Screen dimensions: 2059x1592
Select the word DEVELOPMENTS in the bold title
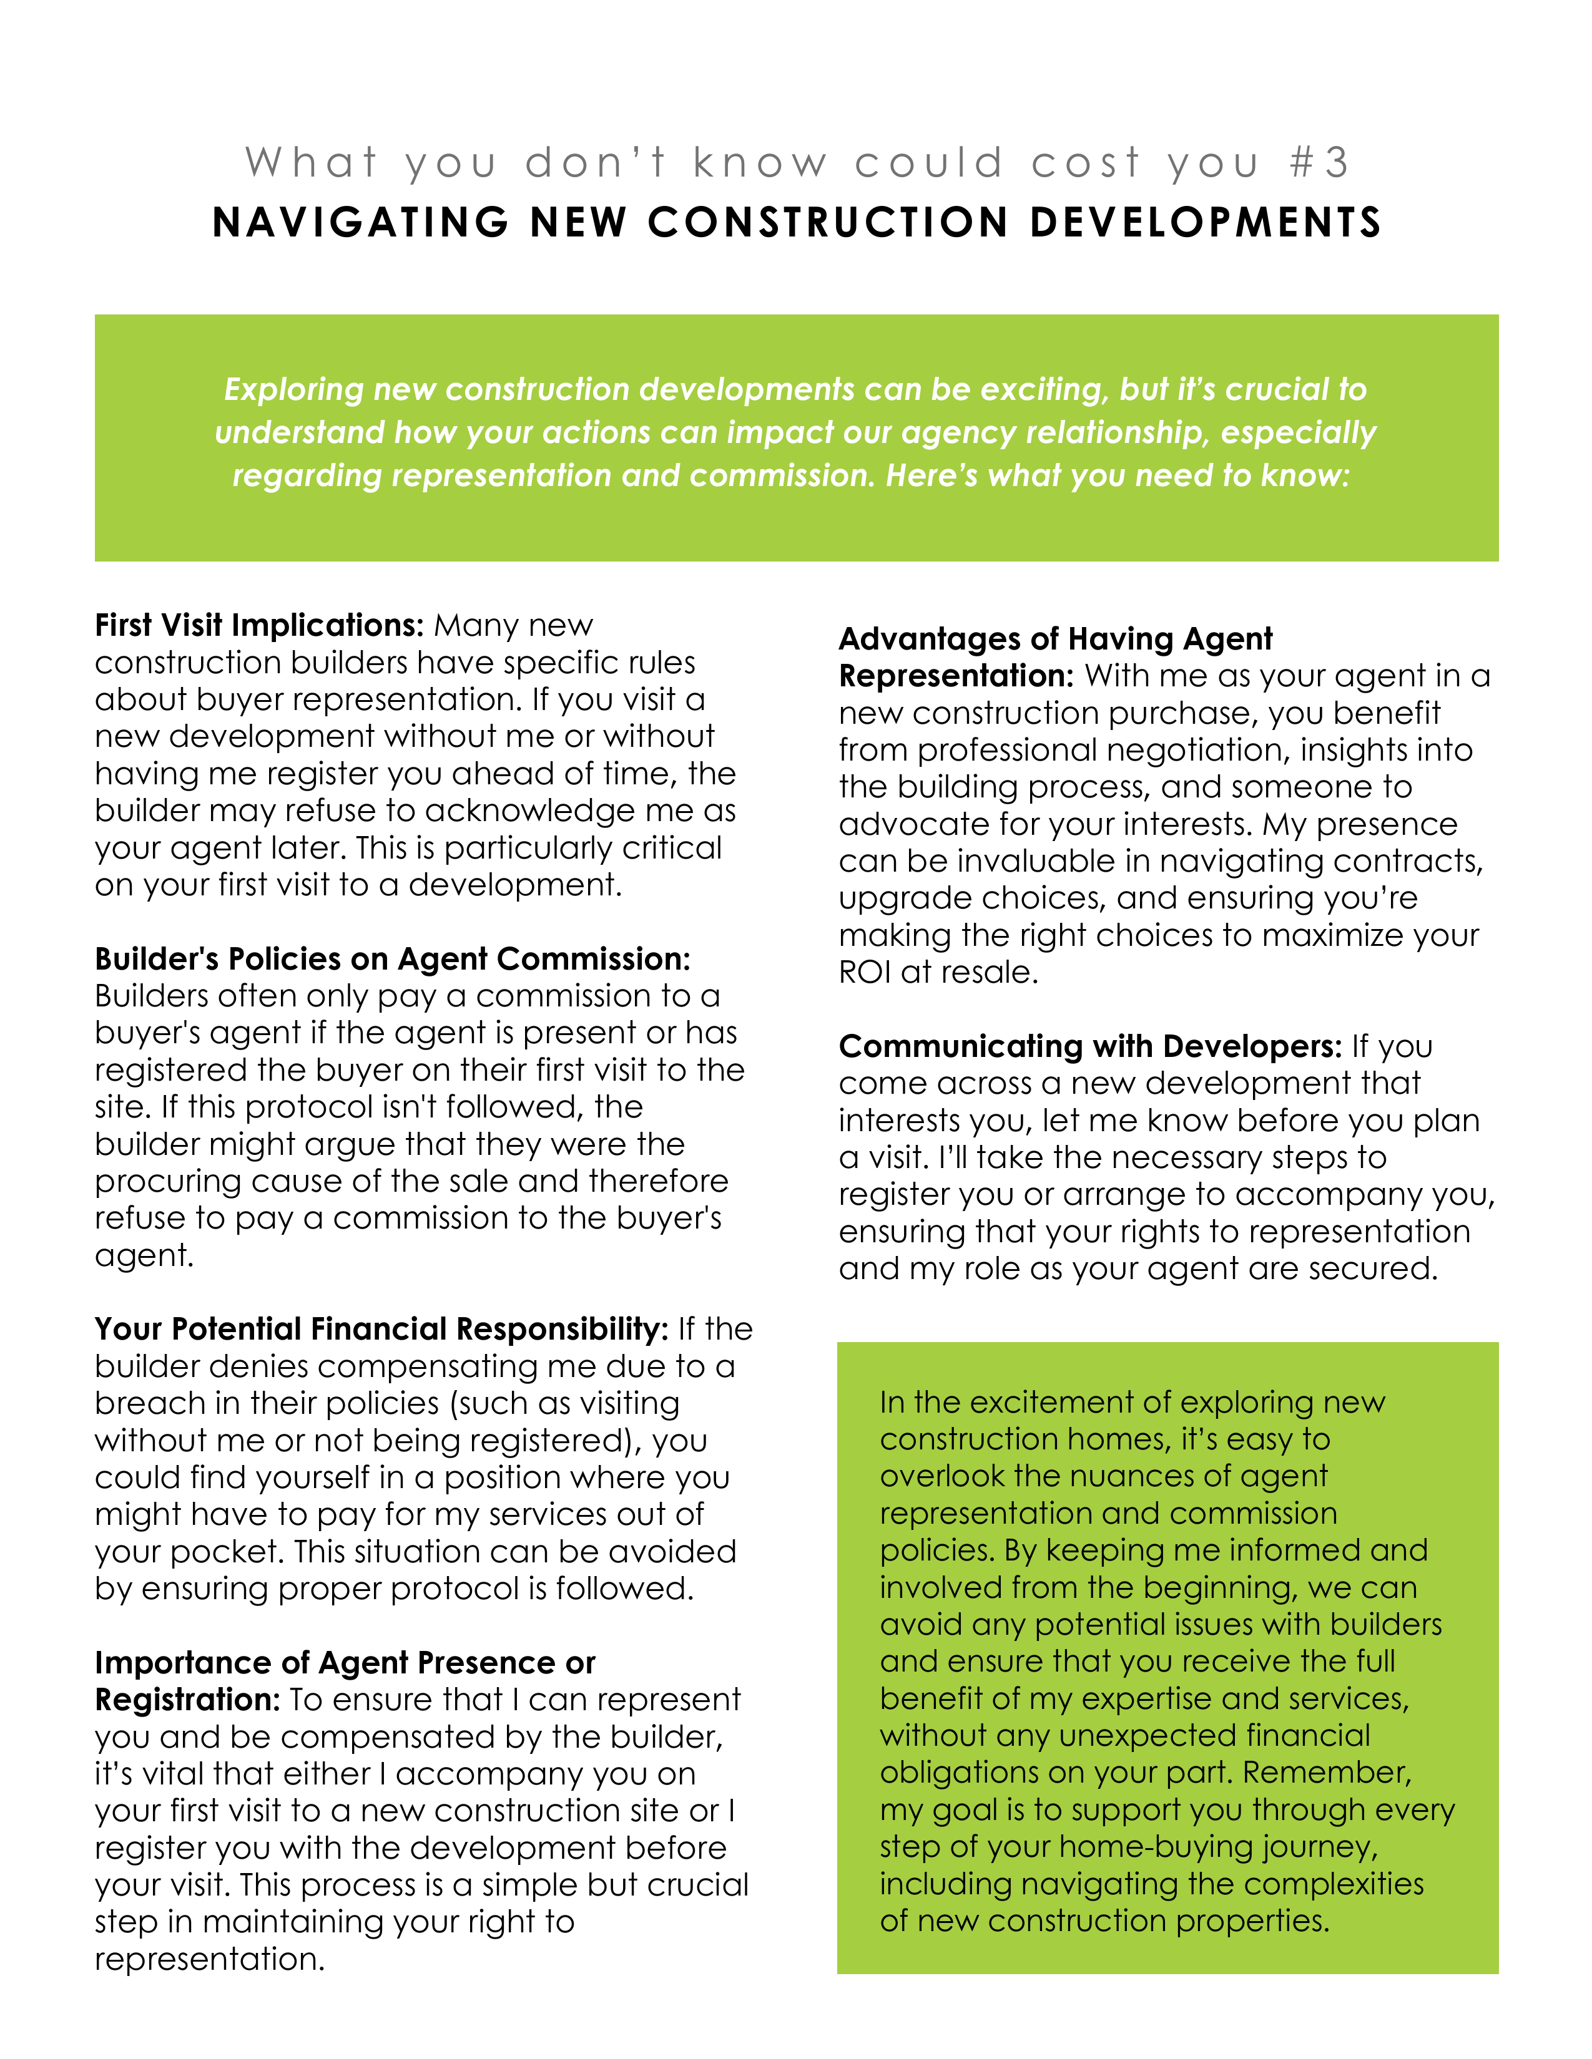pos(1206,223)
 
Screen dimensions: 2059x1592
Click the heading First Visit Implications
pos(259,625)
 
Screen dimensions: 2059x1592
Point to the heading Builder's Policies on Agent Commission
pos(392,959)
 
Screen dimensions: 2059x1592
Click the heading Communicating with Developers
pos(1089,1046)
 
